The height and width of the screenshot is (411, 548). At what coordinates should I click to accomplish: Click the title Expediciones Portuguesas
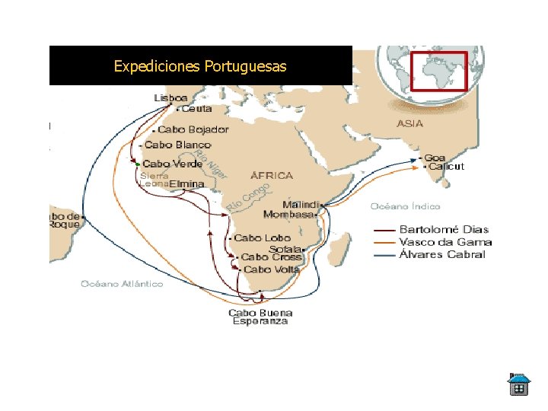[200, 66]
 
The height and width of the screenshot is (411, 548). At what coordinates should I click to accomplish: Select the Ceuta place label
[197, 109]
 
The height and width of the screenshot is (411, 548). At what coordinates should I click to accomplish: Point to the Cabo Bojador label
[193, 129]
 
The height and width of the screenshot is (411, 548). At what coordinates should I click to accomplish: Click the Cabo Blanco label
[177, 145]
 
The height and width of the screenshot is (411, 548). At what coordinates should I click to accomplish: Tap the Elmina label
[186, 183]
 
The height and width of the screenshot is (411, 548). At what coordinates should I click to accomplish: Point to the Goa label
[435, 158]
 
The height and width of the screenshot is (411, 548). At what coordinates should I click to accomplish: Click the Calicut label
[446, 167]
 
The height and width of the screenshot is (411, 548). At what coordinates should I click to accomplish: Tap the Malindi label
[301, 205]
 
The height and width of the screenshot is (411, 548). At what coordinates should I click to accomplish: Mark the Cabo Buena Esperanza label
[260, 317]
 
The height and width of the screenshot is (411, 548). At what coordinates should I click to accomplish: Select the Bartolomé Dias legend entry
[444, 230]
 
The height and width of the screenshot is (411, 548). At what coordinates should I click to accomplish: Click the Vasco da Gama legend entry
[446, 242]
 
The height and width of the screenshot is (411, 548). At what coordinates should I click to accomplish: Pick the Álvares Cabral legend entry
[443, 254]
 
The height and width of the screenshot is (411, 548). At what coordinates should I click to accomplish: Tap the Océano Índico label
[405, 206]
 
